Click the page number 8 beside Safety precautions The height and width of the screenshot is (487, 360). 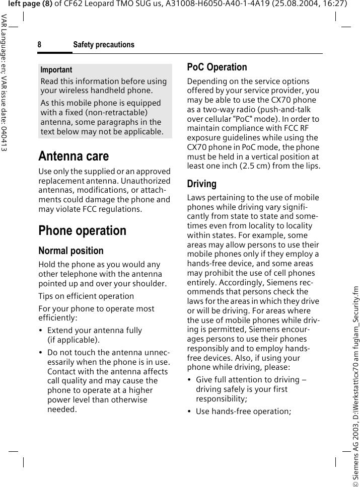[x=39, y=45]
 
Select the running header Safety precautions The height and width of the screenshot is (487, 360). [x=104, y=45]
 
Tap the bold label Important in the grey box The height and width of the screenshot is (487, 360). [x=56, y=70]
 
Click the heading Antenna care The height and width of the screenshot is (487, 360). [x=74, y=156]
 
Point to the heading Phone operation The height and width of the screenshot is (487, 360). [x=83, y=231]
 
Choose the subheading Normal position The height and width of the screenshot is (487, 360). [x=71, y=251]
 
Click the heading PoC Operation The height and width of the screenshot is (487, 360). [x=217, y=67]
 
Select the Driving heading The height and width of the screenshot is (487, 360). [x=201, y=184]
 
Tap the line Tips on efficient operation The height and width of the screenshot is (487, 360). [x=86, y=296]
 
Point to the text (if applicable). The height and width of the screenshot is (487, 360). [x=73, y=340]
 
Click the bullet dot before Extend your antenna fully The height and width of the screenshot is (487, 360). [x=41, y=331]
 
